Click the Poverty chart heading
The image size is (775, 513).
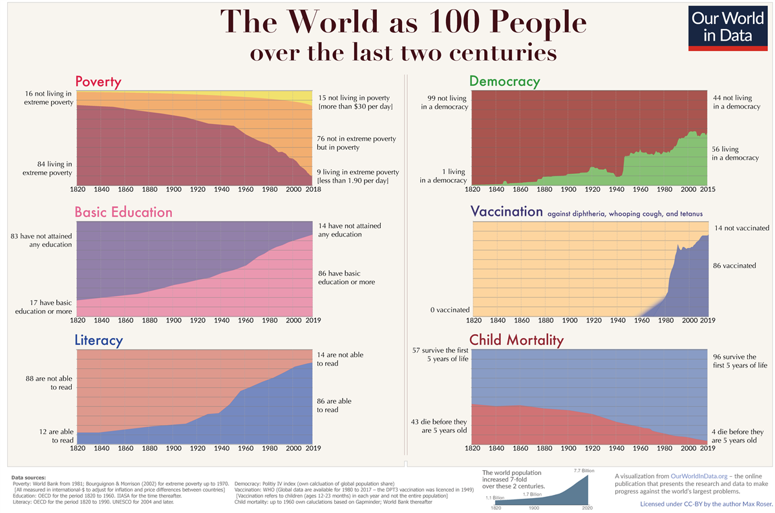tap(98, 82)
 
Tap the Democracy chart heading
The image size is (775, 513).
tap(504, 81)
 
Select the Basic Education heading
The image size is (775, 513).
tap(123, 212)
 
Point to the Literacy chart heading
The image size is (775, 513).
tap(99, 340)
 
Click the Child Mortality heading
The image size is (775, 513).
tap(516, 340)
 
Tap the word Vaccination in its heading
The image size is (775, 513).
tap(506, 212)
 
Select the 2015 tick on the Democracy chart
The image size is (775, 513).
tap(707, 190)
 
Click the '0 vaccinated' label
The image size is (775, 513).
tap(450, 310)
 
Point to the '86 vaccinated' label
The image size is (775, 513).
tap(734, 266)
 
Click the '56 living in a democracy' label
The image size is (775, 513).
tap(734, 153)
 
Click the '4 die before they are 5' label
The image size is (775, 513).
tap(738, 436)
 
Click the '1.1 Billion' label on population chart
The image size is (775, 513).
tap(494, 498)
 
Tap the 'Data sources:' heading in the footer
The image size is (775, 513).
tap(28, 477)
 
